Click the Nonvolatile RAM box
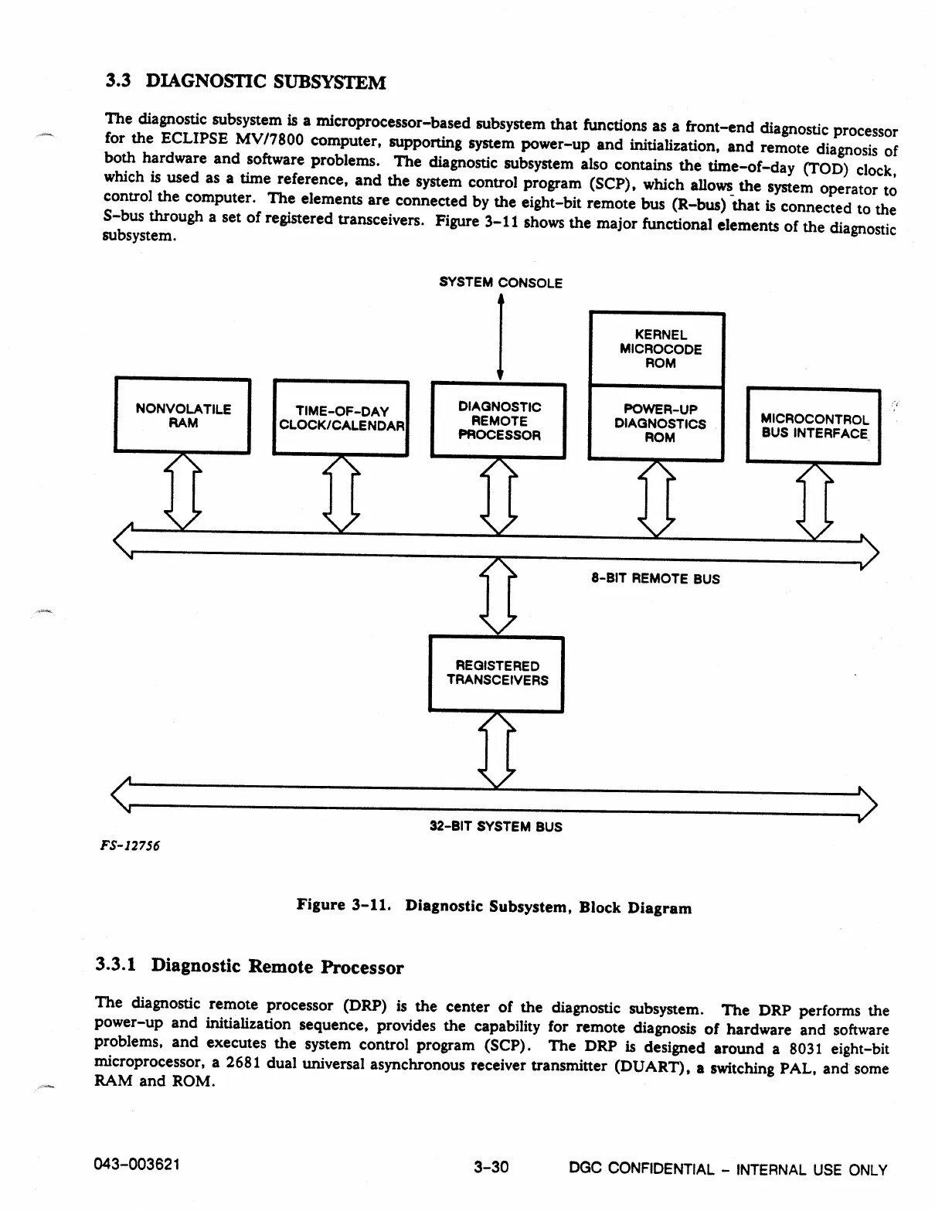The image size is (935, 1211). pyautogui.click(x=182, y=416)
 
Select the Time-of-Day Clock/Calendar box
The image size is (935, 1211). pyautogui.click(x=342, y=418)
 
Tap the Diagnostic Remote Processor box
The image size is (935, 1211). pyautogui.click(x=498, y=421)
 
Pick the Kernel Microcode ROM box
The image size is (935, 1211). pyautogui.click(x=657, y=349)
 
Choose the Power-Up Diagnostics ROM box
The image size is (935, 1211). pyautogui.click(x=656, y=424)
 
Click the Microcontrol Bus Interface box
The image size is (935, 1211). pyautogui.click(x=813, y=427)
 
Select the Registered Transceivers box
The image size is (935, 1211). pyautogui.click(x=496, y=673)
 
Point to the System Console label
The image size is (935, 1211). pyautogui.click(x=500, y=283)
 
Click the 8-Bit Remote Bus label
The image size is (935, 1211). pyautogui.click(x=655, y=579)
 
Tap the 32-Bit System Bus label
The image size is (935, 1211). pyautogui.click(x=495, y=827)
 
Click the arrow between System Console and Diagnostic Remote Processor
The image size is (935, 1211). pyautogui.click(x=500, y=338)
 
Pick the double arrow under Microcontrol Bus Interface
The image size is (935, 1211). pyautogui.click(x=814, y=501)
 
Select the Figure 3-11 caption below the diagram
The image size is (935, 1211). pyautogui.click(x=494, y=907)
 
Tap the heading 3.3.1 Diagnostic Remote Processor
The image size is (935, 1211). pyautogui.click(x=249, y=967)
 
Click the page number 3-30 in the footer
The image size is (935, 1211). pyautogui.click(x=491, y=1167)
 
